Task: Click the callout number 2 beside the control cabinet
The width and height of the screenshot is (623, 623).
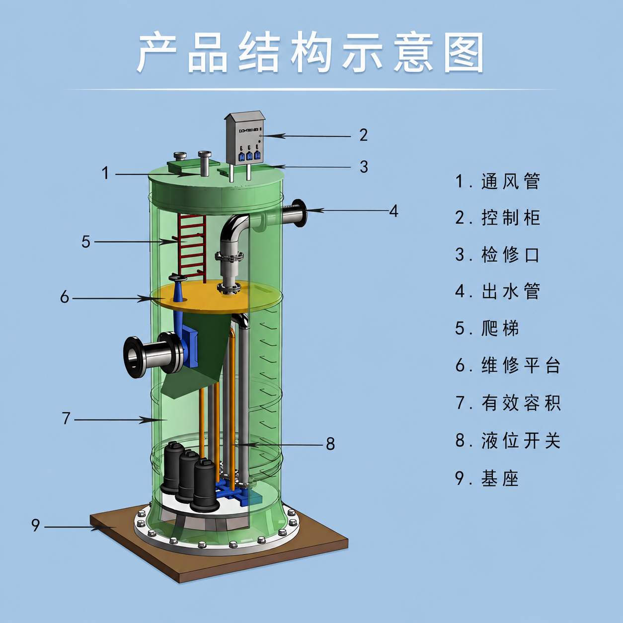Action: pos(363,135)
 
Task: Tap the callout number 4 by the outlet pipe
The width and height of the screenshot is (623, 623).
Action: pos(393,211)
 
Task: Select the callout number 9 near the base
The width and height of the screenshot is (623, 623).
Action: pos(36,525)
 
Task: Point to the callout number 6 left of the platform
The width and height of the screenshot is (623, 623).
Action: pos(65,297)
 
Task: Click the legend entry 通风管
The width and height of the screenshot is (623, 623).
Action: pos(511,181)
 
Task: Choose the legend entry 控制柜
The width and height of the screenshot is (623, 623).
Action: pos(511,218)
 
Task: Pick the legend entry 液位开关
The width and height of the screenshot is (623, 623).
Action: pos(521,441)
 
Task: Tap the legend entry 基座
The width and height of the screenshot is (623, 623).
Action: pos(500,478)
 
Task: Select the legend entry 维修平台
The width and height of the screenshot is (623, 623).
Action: pos(521,365)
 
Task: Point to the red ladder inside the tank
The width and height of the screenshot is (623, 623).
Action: pos(191,247)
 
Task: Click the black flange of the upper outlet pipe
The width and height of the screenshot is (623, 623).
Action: pos(299,213)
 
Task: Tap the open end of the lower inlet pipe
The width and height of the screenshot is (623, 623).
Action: pos(133,357)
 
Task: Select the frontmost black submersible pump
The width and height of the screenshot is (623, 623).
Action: pos(204,485)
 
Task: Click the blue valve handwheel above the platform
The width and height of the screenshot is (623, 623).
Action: pos(177,278)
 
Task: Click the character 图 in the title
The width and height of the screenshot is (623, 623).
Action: pos(464,53)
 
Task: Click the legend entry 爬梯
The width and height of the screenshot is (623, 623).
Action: pos(500,328)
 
